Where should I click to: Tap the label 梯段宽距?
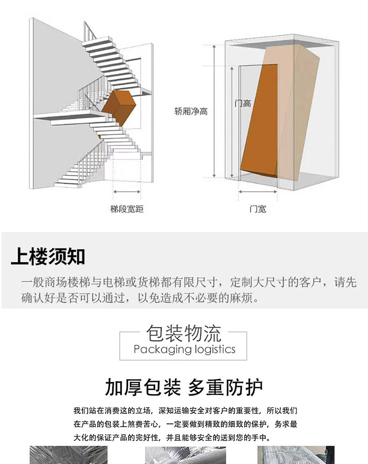click(x=127, y=209)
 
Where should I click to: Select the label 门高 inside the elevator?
click(x=243, y=104)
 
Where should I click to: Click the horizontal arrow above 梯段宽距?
click(x=127, y=191)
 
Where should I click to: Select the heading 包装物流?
click(x=184, y=333)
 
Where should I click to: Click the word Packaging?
click(x=159, y=350)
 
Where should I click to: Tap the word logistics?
click(x=213, y=350)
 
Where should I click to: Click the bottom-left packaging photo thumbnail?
click(x=68, y=455)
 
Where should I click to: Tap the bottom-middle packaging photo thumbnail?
click(x=185, y=455)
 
